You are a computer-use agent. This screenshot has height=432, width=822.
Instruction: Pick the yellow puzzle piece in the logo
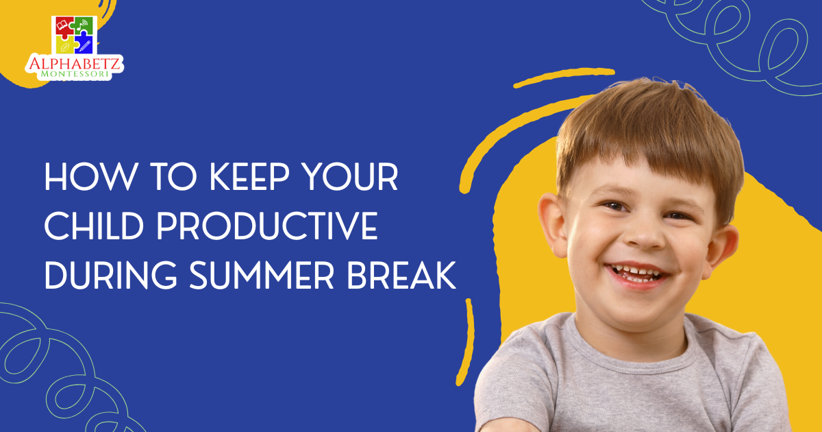tap(63, 45)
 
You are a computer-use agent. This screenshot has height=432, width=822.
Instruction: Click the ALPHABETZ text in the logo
tap(74, 64)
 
